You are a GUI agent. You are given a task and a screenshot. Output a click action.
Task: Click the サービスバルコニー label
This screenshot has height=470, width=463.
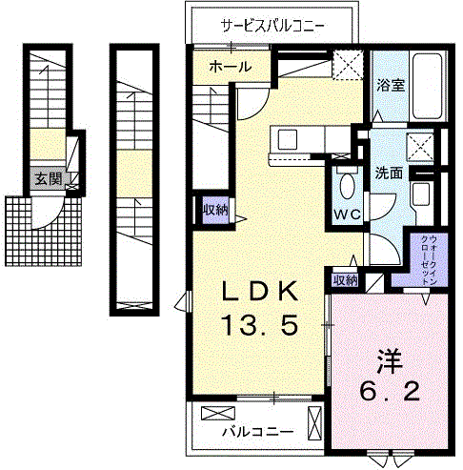(x=273, y=25)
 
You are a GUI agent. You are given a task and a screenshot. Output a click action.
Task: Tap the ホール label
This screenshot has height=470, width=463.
(x=230, y=67)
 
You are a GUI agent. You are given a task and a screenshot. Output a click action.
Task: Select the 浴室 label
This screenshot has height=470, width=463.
(x=391, y=84)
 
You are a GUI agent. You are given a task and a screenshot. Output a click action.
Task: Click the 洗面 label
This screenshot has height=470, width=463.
(x=388, y=174)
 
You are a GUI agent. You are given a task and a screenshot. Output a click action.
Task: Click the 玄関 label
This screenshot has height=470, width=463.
(x=47, y=178)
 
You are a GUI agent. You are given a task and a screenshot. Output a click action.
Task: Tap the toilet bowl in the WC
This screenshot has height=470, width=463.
(x=346, y=185)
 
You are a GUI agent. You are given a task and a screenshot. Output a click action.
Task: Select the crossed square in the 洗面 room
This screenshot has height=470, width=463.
(x=419, y=147)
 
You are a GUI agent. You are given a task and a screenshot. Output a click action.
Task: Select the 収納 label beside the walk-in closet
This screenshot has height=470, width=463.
(x=344, y=280)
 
